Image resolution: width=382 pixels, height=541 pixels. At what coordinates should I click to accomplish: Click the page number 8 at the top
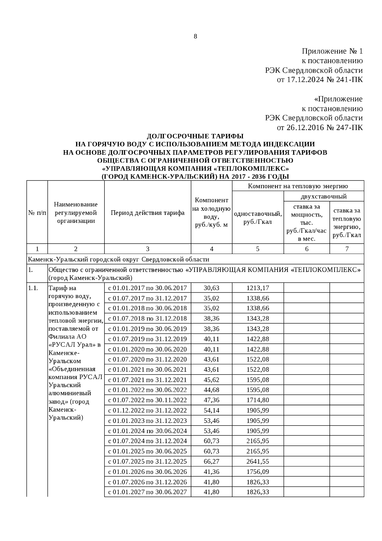click(195, 37)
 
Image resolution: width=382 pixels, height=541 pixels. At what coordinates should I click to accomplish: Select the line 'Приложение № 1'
click(332, 51)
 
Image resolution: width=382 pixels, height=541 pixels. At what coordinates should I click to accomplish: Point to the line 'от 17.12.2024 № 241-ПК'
click(320, 79)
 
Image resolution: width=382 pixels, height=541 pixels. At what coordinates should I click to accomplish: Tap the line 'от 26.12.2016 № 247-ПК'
click(320, 128)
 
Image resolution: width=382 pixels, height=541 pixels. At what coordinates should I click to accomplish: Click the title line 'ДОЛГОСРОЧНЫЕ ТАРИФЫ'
click(195, 136)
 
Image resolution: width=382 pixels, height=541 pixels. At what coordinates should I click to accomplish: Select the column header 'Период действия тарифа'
click(147, 213)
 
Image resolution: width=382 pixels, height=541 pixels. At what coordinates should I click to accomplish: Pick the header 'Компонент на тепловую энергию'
click(298, 186)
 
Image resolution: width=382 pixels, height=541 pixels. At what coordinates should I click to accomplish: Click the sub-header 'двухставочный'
click(323, 196)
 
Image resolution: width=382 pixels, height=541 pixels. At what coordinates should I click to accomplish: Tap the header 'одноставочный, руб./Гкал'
click(258, 218)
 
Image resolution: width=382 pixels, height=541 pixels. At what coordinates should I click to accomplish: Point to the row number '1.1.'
click(33, 288)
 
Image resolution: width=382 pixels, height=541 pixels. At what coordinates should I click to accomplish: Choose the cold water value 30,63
click(211, 288)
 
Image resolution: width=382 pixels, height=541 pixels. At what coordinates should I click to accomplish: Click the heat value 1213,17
click(258, 288)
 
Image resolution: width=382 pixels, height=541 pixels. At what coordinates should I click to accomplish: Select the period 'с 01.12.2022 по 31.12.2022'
click(147, 411)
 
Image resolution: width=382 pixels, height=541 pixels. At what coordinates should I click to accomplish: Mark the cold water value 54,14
click(211, 411)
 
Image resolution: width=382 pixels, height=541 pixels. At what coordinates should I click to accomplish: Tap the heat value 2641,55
click(258, 462)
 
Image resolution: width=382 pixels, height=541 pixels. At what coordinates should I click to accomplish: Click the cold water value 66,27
click(211, 462)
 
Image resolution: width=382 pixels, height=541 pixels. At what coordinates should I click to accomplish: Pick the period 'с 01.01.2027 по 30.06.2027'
click(147, 492)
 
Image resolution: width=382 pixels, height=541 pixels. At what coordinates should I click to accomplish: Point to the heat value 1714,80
click(258, 400)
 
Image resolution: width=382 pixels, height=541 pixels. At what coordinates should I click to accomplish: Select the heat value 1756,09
click(258, 472)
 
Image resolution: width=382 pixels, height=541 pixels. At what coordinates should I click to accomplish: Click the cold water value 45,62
click(211, 380)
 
